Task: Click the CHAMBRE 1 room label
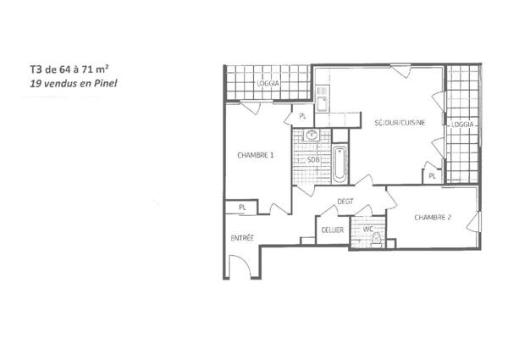[x=255, y=155]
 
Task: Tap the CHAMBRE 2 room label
[x=432, y=218]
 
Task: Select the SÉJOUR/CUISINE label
[x=399, y=124]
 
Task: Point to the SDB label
[x=312, y=159]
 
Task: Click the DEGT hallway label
[x=344, y=201]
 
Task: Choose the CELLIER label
[x=331, y=230]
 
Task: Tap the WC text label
[x=367, y=229]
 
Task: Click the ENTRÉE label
[x=242, y=238]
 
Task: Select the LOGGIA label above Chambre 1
[x=268, y=85]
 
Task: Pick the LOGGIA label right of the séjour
[x=462, y=124]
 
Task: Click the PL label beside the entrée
[x=242, y=207]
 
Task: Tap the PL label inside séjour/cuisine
[x=432, y=175]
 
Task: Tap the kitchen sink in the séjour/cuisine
[x=322, y=103]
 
